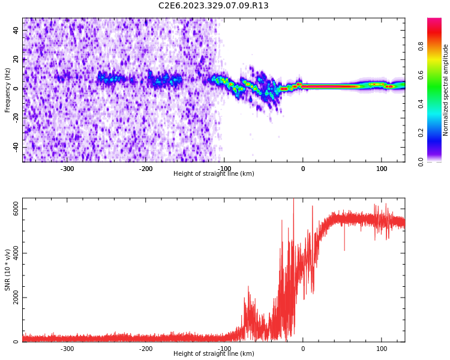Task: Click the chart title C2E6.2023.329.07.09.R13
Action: click(214, 6)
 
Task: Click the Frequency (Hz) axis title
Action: click(8, 90)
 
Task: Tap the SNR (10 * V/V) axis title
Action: click(8, 270)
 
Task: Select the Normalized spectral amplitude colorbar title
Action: click(446, 90)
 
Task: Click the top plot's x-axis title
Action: click(214, 174)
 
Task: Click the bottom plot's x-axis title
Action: click(214, 354)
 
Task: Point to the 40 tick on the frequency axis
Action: click(16, 31)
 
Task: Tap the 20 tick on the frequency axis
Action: click(16, 60)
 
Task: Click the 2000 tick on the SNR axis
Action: click(16, 298)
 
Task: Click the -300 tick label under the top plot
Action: click(67, 169)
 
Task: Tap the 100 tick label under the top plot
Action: click(382, 169)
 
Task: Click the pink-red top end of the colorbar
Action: click(434, 21)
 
